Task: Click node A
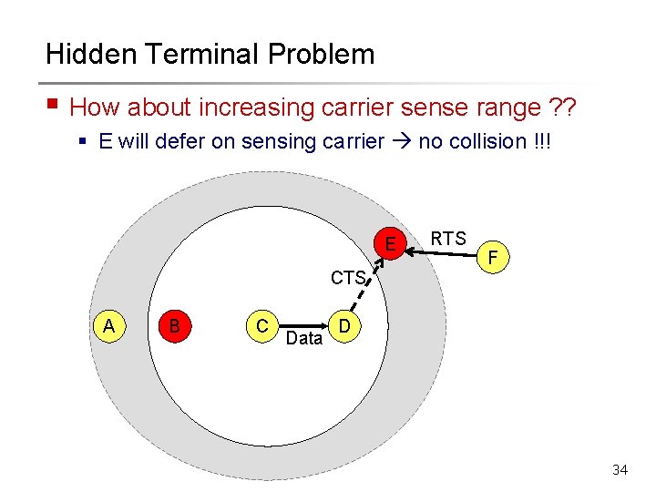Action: pyautogui.click(x=109, y=326)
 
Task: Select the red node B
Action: pyautogui.click(x=173, y=325)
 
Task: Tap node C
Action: pyautogui.click(x=261, y=326)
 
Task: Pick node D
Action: pyautogui.click(x=343, y=326)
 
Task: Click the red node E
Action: pyautogui.click(x=390, y=244)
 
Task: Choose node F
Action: pyautogui.click(x=493, y=259)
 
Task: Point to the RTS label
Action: pyautogui.click(x=448, y=239)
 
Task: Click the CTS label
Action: pyautogui.click(x=348, y=277)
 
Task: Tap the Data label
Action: pyautogui.click(x=303, y=339)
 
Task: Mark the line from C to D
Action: pyautogui.click(x=303, y=323)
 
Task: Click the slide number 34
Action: pyautogui.click(x=620, y=470)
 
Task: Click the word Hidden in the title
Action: pyautogui.click(x=87, y=54)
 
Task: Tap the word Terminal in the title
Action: pyautogui.click(x=199, y=54)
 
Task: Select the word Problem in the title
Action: pyautogui.click(x=322, y=54)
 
